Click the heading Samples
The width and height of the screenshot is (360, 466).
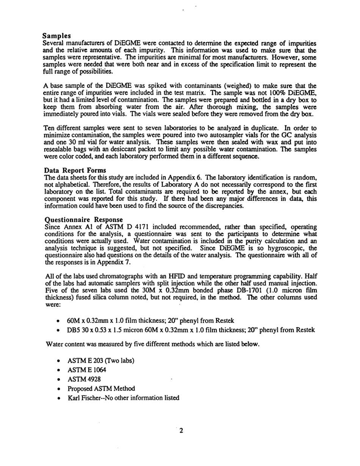coord(56,36)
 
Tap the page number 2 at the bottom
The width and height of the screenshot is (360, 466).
coord(181,430)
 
